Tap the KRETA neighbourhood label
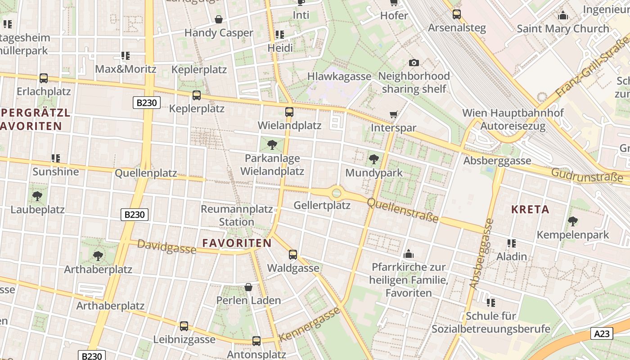pos(530,209)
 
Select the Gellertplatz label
pos(322,206)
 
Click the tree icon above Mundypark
pos(373,159)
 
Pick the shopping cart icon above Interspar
pos(394,115)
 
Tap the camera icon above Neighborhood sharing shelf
pos(414,63)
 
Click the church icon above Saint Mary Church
pos(562,16)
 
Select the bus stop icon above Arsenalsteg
pos(457,14)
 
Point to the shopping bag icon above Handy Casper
pos(219,19)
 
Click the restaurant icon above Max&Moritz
pos(126,56)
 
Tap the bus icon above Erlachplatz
pos(44,78)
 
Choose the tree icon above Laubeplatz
pos(37,196)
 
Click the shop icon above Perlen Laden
pos(248,287)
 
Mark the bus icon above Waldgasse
pos(293,255)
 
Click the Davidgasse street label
pos(166,247)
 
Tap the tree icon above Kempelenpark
pos(572,221)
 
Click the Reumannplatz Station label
pos(237,216)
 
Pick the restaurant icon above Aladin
pos(511,243)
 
